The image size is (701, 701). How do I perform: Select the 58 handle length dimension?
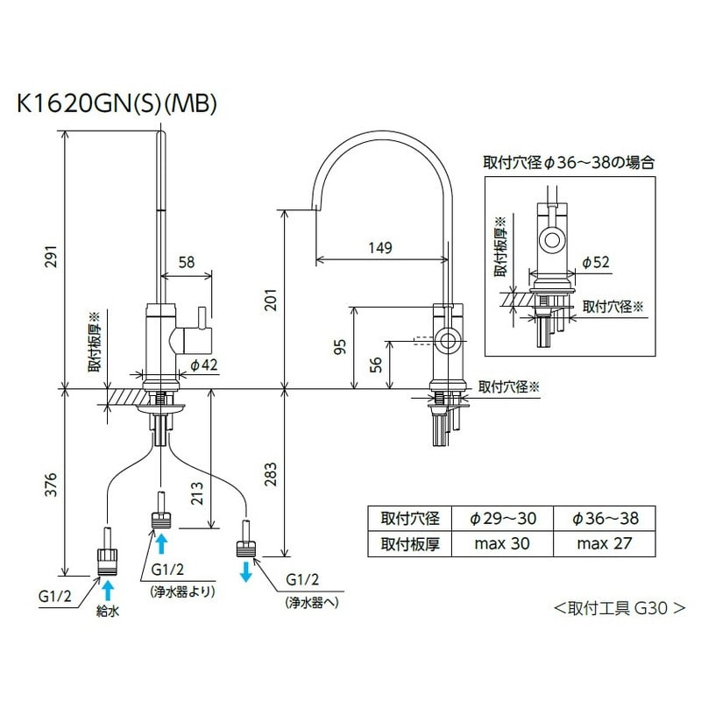click(187, 262)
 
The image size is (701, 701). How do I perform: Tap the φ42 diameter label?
click(204, 365)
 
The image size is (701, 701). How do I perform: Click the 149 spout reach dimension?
click(379, 248)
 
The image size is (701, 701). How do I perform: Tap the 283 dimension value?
click(274, 472)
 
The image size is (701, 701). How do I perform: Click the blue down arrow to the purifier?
click(245, 570)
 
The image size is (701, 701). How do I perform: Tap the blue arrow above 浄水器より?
click(161, 543)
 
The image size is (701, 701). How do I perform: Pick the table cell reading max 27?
click(605, 543)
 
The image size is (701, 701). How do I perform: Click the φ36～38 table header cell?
click(605, 519)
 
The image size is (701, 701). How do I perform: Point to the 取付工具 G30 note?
click(619, 607)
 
